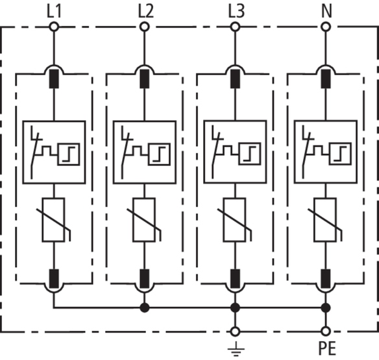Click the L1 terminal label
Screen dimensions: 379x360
point(54,12)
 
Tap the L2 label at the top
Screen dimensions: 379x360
point(146,12)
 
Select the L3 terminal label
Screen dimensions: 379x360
point(236,12)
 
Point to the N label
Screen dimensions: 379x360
point(327,12)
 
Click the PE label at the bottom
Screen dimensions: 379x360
point(327,348)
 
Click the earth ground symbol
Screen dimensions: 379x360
point(236,350)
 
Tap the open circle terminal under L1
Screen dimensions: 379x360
point(54,27)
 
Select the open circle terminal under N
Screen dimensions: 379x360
point(326,27)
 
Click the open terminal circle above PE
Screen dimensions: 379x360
point(326,331)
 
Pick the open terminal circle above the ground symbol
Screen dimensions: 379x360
point(235,331)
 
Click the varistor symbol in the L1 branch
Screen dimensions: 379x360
point(54,220)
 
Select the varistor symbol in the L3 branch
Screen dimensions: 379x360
point(235,220)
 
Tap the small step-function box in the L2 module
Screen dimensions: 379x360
point(159,154)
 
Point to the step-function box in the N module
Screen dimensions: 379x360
point(340,154)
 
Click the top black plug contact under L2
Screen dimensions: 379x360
point(145,78)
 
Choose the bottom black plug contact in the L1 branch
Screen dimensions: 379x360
point(54,279)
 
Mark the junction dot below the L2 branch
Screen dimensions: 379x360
point(145,308)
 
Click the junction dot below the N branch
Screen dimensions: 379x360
point(326,308)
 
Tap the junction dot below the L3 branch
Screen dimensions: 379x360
point(235,308)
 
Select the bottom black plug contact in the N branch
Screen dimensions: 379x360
point(326,279)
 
